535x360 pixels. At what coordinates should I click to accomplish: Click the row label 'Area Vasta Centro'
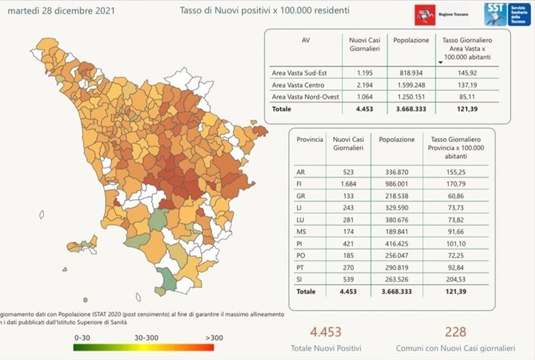[x=298, y=85]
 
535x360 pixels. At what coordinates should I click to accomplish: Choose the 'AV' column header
[x=306, y=40]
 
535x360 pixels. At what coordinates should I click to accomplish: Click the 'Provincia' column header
[x=310, y=139]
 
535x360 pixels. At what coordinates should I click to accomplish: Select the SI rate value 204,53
[x=454, y=279]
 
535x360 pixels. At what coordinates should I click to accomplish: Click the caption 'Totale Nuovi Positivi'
[x=324, y=348]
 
